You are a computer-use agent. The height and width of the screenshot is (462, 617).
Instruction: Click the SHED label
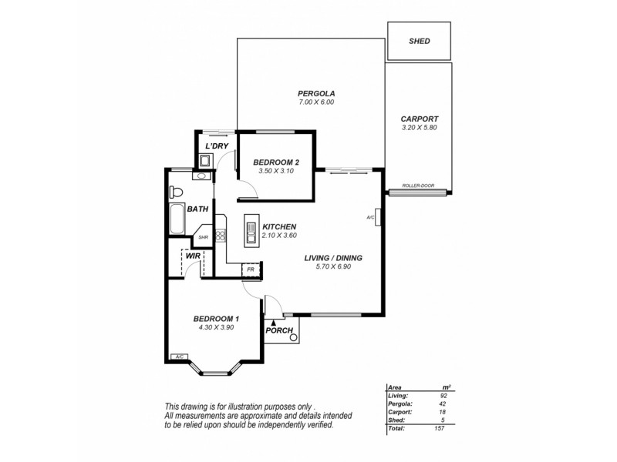click(x=420, y=41)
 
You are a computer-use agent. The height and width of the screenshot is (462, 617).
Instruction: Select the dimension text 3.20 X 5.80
click(x=419, y=128)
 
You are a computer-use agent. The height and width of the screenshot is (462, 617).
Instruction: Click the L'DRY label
click(x=214, y=146)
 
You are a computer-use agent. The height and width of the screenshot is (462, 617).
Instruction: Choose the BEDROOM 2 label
click(x=275, y=162)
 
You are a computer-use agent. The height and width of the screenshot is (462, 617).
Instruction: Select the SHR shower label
click(x=204, y=237)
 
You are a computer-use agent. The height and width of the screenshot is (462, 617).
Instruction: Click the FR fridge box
click(x=251, y=269)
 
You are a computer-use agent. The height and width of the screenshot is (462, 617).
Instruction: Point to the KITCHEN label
click(x=279, y=226)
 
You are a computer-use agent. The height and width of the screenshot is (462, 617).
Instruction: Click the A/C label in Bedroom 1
click(x=178, y=357)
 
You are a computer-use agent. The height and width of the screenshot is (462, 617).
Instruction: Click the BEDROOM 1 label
click(x=216, y=319)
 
